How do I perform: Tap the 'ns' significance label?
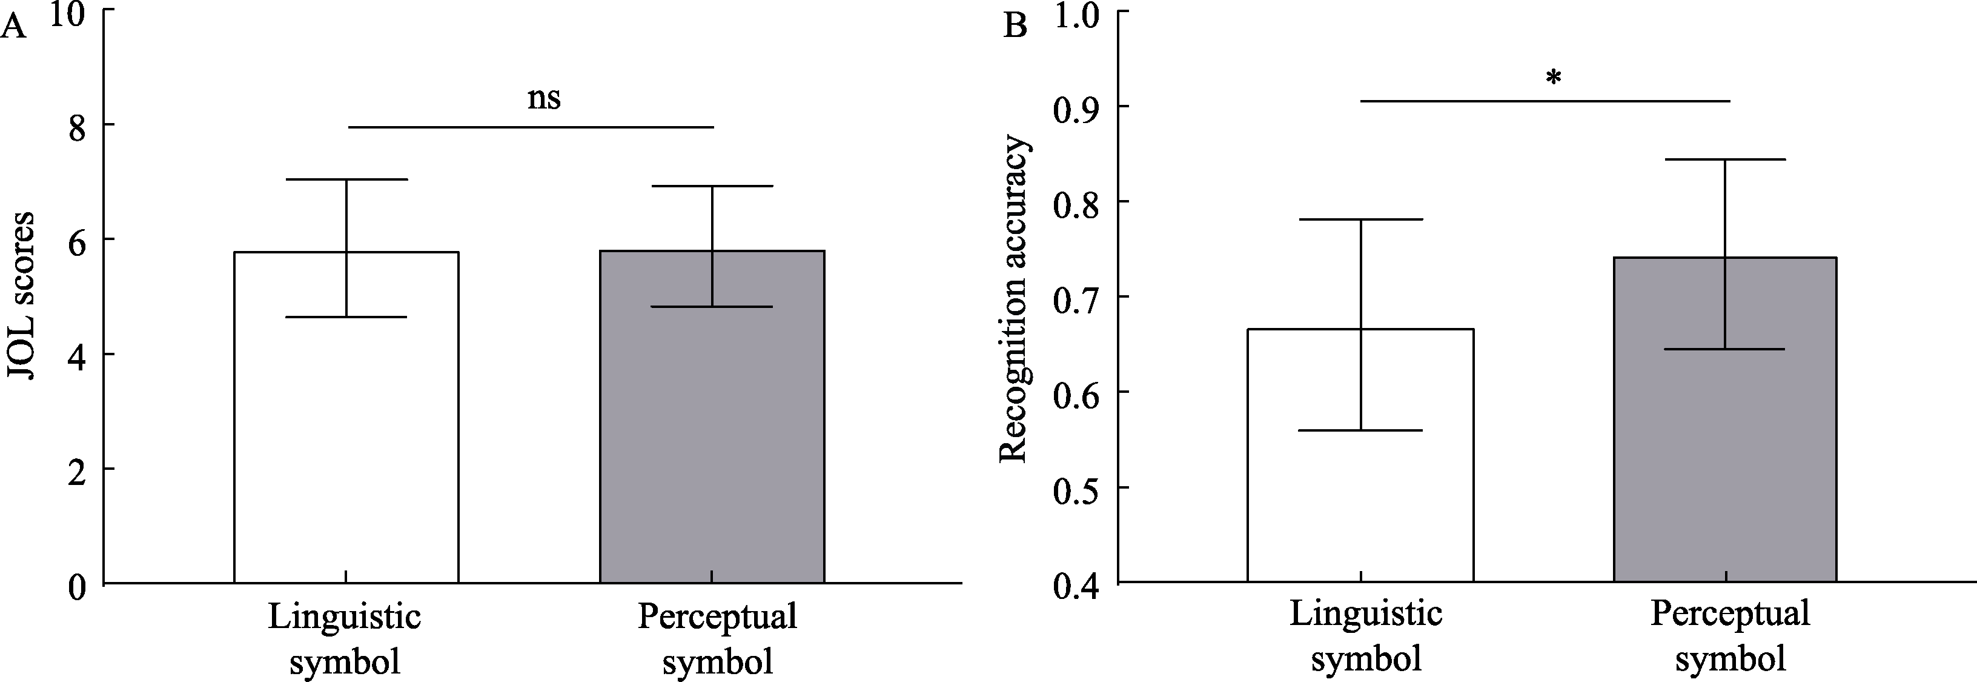coord(544,99)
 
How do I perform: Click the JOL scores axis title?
coord(21,296)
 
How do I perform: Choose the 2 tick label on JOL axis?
coord(78,470)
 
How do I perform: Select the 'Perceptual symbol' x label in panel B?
coord(1730,636)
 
